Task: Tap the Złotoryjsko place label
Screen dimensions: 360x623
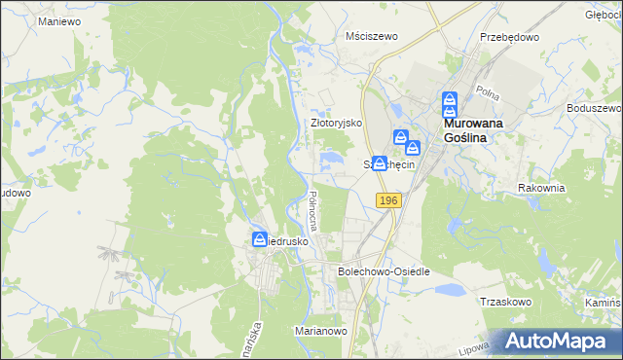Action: point(336,124)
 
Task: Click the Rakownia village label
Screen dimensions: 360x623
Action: point(542,187)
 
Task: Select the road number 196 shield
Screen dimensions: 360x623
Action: point(388,199)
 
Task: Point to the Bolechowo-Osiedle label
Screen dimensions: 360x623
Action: point(383,271)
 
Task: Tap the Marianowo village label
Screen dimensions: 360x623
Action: point(321,331)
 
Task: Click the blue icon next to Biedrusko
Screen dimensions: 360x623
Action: point(260,238)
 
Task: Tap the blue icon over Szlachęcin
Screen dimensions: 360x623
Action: point(380,164)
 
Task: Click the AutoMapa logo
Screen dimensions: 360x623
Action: point(558,342)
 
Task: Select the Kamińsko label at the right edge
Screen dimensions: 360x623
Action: point(605,304)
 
